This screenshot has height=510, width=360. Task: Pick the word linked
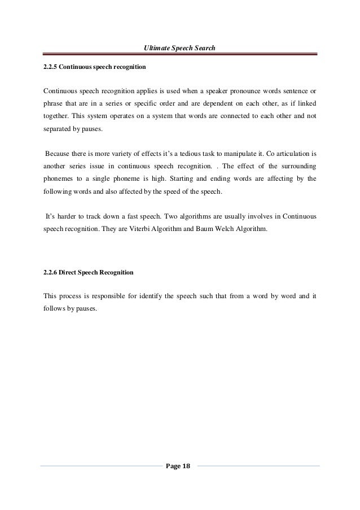point(306,104)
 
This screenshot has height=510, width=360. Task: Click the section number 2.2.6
point(51,272)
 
